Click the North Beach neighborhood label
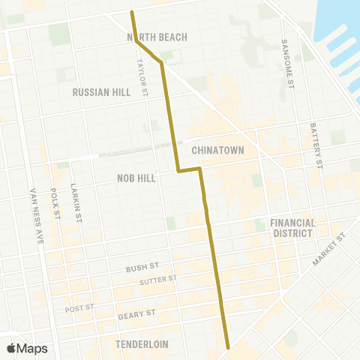pyautogui.click(x=157, y=37)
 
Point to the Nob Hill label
pyautogui.click(x=136, y=178)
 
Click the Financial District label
pyautogui.click(x=291, y=228)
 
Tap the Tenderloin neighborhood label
pyautogui.click(x=142, y=344)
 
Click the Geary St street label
pyautogui.click(x=136, y=314)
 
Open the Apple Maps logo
pyautogui.click(x=27, y=348)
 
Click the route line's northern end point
pyautogui.click(x=132, y=12)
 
